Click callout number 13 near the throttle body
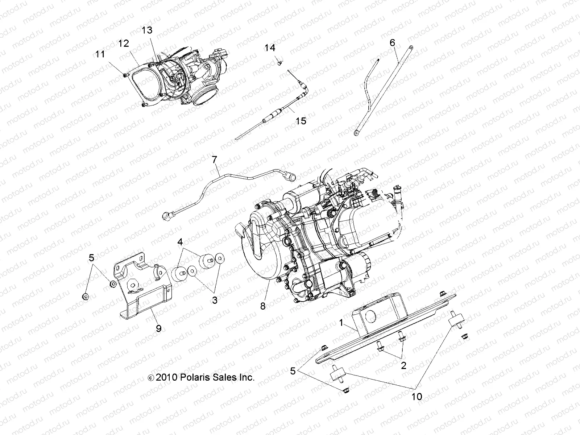[x=147, y=30]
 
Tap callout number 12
[x=123, y=43]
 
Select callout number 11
[x=100, y=54]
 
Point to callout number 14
[x=279, y=48]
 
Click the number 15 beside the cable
[x=301, y=121]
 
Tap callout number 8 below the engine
[x=262, y=306]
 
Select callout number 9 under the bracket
[x=158, y=329]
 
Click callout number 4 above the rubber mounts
[x=180, y=242]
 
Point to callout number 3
[x=215, y=300]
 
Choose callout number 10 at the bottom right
[x=417, y=397]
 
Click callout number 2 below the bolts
[x=403, y=365]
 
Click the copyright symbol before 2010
[x=151, y=378]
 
